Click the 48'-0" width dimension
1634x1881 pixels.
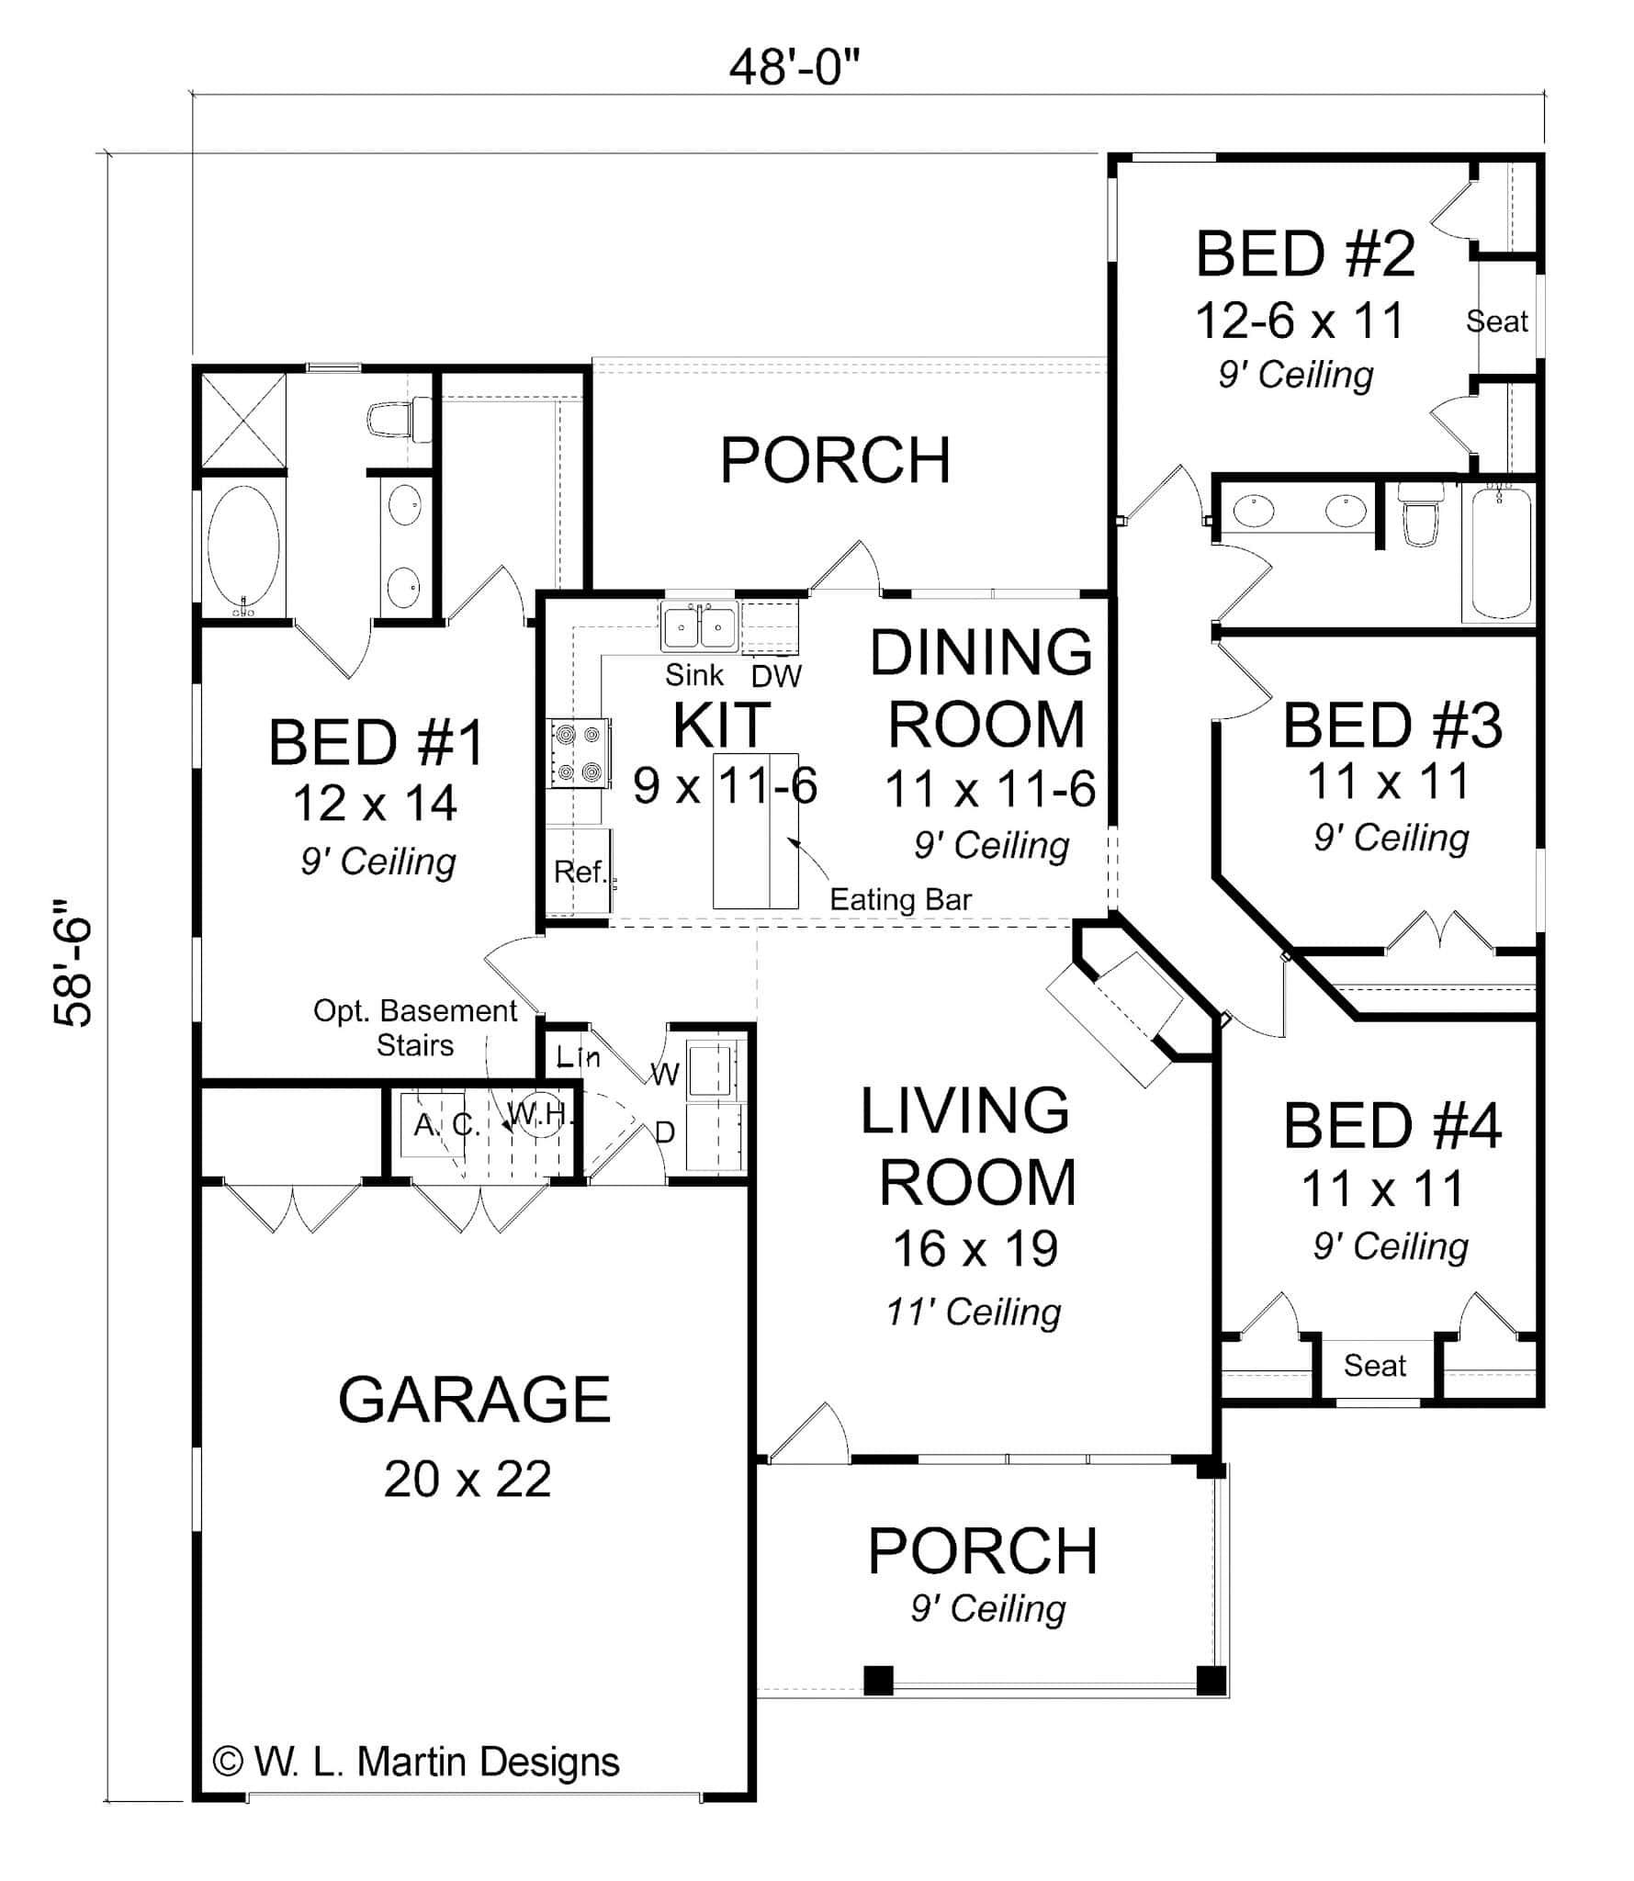point(794,67)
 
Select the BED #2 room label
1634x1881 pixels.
point(1304,255)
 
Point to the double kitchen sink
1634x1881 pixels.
point(699,628)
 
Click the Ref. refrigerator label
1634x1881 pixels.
point(580,871)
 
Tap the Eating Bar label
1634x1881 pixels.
point(900,899)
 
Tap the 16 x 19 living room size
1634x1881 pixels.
point(975,1248)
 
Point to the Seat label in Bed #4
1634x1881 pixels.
point(1374,1366)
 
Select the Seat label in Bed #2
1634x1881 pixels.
point(1496,321)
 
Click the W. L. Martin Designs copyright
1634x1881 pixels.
point(416,1762)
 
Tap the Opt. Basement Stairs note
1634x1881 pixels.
point(415,1028)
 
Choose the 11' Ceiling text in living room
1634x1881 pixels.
point(974,1312)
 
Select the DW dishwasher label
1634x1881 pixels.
point(776,677)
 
